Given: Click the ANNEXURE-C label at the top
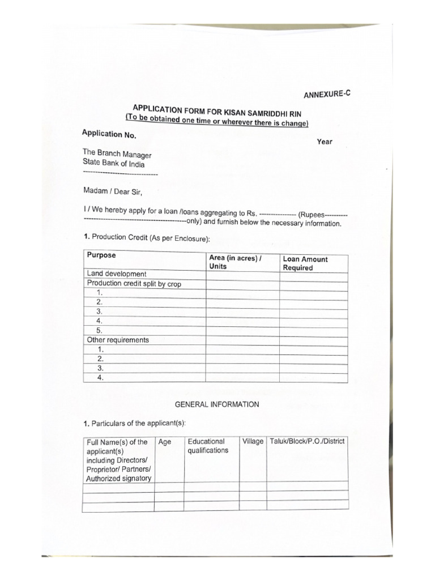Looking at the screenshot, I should (x=327, y=94).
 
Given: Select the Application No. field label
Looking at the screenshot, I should (x=109, y=134).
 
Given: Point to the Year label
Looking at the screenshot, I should (x=325, y=142).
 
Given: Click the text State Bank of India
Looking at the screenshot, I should (x=113, y=163).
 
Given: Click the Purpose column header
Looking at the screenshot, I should (x=101, y=255).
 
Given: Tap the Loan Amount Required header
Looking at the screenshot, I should (x=305, y=263).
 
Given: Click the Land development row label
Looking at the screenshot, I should (x=117, y=274).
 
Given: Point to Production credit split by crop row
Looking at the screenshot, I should (x=134, y=284).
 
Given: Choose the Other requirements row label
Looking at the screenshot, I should (x=118, y=340).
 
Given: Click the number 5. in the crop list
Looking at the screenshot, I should (x=100, y=330).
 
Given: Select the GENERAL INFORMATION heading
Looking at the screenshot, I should (x=217, y=404).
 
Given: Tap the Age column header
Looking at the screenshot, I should (x=164, y=442).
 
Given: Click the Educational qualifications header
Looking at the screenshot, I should (x=208, y=446).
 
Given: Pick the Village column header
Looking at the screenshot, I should (x=253, y=441).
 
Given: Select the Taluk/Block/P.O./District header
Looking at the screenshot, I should (x=307, y=441).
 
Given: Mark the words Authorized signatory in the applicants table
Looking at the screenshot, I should (x=118, y=479).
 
